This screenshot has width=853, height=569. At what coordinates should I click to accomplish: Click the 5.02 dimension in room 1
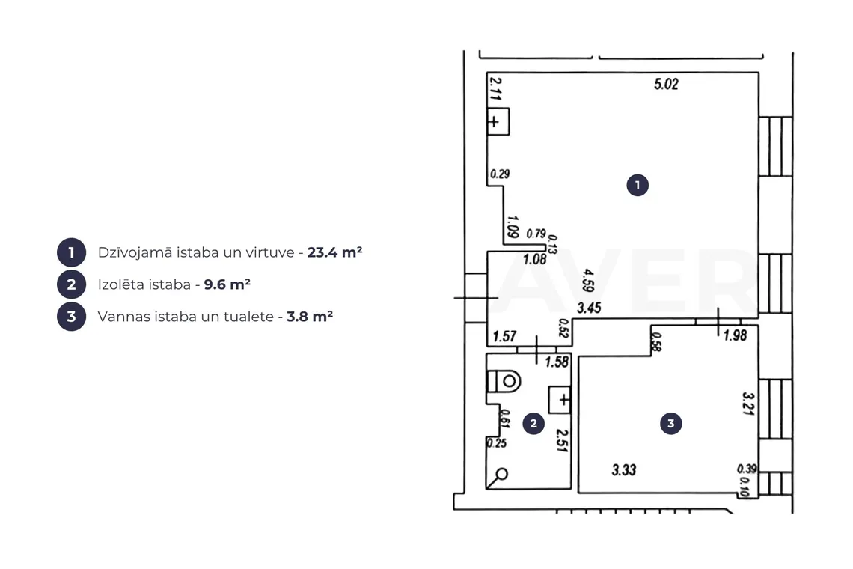coord(666,84)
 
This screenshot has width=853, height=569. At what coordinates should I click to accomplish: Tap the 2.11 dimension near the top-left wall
coord(495,88)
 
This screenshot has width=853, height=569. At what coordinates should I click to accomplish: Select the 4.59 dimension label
coord(587,279)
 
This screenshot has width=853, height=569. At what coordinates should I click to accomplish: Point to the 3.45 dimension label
coord(589,308)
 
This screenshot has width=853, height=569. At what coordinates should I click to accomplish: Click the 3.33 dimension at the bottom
coord(623,469)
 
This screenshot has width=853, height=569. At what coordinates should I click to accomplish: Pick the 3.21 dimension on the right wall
coord(748,404)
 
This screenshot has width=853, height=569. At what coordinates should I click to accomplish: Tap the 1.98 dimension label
coord(735,335)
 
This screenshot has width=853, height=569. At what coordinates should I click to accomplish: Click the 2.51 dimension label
coord(562,440)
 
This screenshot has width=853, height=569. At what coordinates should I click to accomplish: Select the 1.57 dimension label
coord(504,336)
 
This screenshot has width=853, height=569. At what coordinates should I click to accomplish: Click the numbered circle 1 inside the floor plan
coord(638,185)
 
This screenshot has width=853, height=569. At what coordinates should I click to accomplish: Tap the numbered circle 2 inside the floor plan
coord(533,424)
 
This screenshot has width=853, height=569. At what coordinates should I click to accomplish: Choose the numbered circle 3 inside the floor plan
coord(670,424)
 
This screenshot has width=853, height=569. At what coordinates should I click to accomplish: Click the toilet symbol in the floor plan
coord(504,381)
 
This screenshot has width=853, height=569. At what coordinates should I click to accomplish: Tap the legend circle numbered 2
coord(71,284)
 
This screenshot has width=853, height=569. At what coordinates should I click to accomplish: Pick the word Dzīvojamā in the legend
coord(135,252)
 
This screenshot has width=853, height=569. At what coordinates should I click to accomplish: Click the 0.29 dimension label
coord(499,174)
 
